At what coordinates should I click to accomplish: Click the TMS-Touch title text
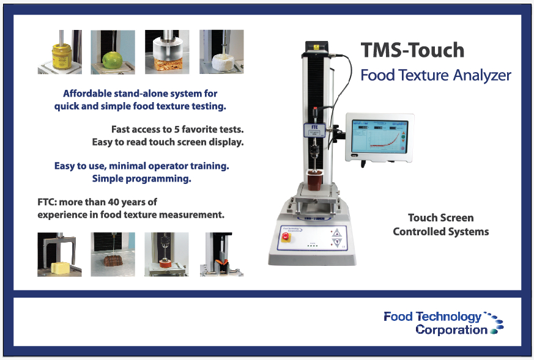click(x=412, y=50)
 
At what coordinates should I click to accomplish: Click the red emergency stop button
click(x=286, y=236)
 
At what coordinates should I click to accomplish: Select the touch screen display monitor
click(x=380, y=137)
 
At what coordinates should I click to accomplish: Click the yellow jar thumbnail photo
click(x=59, y=52)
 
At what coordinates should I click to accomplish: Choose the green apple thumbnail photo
click(x=113, y=52)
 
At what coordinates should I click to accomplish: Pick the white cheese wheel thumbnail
click(x=221, y=52)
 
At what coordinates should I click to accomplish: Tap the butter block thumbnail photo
click(x=59, y=254)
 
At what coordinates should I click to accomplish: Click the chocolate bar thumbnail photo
click(x=113, y=254)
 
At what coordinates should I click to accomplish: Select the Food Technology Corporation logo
click(x=443, y=323)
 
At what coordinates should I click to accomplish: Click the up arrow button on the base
click(x=337, y=233)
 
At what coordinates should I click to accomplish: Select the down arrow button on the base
click(x=337, y=243)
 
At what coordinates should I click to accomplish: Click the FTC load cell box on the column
click(x=314, y=130)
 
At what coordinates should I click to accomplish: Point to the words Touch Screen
click(x=440, y=218)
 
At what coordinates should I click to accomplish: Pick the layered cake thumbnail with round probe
click(x=167, y=52)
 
